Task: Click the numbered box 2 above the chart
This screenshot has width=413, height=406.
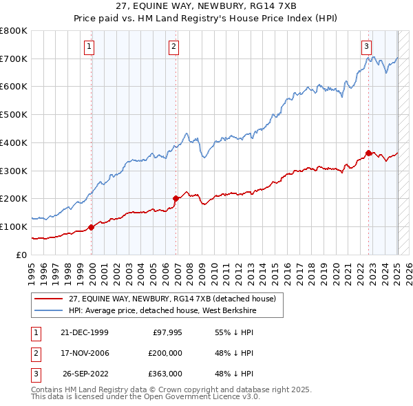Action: (173, 47)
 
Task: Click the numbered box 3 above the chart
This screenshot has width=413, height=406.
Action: (366, 47)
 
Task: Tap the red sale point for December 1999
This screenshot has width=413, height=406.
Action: (92, 227)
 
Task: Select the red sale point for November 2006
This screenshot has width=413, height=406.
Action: (176, 198)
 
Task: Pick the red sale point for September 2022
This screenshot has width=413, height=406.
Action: (368, 153)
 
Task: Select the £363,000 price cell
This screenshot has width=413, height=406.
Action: (165, 374)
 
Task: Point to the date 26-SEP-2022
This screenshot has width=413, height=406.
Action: (85, 374)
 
